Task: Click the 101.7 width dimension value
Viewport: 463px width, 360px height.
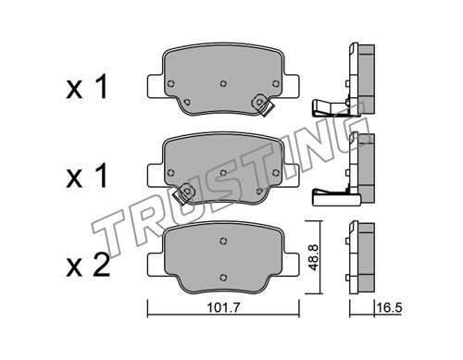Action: [x=223, y=308]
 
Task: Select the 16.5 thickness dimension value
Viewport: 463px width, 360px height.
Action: [x=389, y=308]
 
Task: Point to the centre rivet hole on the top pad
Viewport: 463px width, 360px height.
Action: [x=223, y=83]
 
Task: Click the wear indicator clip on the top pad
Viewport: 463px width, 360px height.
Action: [x=262, y=105]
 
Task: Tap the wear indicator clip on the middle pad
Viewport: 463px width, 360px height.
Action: [x=184, y=193]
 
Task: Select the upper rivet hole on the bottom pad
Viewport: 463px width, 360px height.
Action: [x=223, y=241]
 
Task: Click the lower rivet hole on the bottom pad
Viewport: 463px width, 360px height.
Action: [x=223, y=278]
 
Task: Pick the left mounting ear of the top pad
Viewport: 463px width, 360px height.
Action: [x=156, y=85]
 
